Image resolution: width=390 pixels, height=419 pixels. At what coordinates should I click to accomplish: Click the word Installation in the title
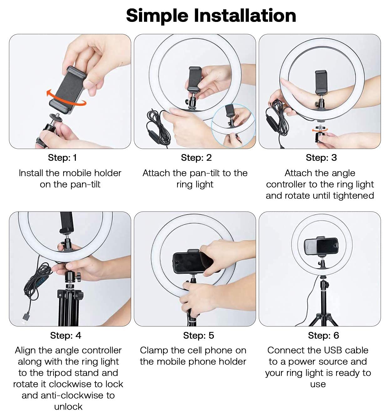pyautogui.click(x=245, y=15)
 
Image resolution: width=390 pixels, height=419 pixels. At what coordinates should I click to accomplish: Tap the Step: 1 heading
pyautogui.click(x=62, y=158)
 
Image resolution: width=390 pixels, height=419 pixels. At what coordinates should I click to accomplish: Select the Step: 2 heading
pyautogui.click(x=196, y=158)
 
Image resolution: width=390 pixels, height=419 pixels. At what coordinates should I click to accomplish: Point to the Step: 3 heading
pyautogui.click(x=321, y=158)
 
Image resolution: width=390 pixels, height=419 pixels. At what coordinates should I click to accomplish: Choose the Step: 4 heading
pyautogui.click(x=66, y=335)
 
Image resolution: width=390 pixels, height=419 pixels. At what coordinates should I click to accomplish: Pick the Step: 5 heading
pyautogui.click(x=198, y=335)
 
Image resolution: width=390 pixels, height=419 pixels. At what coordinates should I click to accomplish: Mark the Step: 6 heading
pyautogui.click(x=323, y=335)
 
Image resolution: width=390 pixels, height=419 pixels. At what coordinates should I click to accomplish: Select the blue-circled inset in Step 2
pyautogui.click(x=233, y=126)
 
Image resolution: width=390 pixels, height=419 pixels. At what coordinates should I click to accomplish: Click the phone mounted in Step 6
pyautogui.click(x=321, y=246)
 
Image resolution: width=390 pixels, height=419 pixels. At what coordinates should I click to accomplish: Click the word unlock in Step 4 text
pyautogui.click(x=68, y=407)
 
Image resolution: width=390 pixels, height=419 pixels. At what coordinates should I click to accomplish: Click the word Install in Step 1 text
pyautogui.click(x=31, y=173)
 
